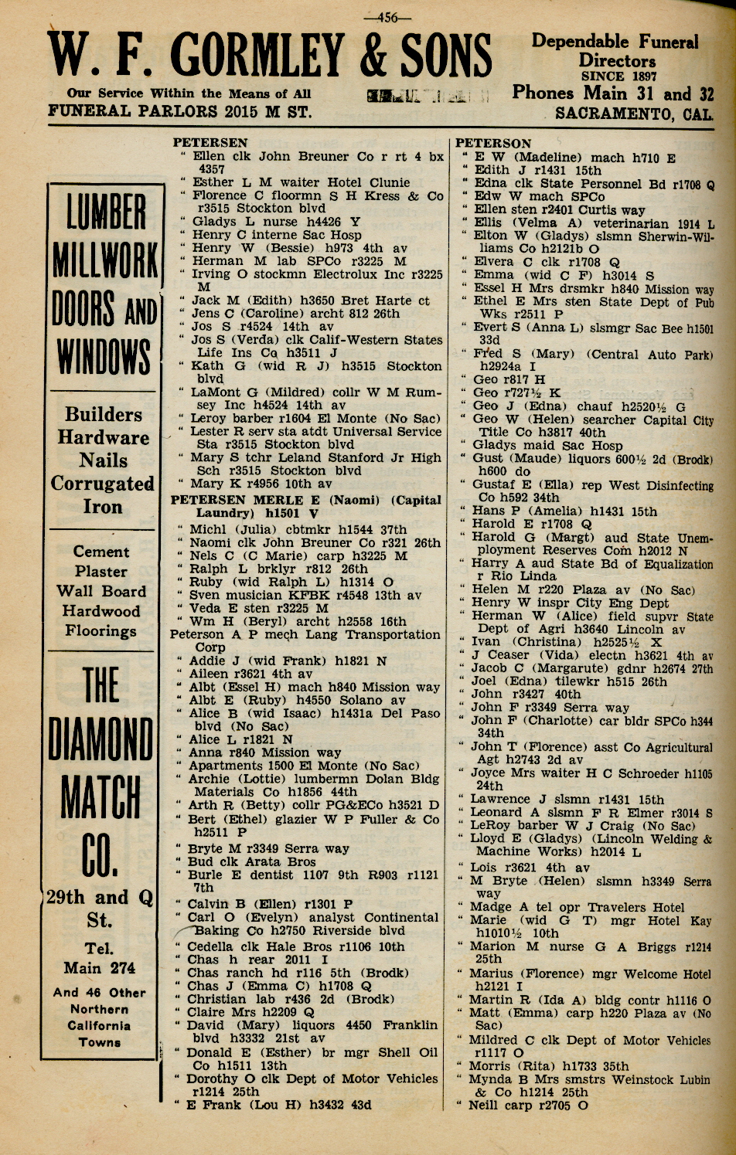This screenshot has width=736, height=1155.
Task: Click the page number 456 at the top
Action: point(390,16)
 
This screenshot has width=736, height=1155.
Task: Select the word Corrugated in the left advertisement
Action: point(103,484)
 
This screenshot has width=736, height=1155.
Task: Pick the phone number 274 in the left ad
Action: point(121,968)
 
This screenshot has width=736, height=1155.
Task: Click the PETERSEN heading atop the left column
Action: point(210,143)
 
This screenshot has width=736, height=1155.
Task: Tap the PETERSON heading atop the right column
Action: point(493,144)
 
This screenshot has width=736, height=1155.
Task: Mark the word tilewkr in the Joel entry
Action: point(581,682)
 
